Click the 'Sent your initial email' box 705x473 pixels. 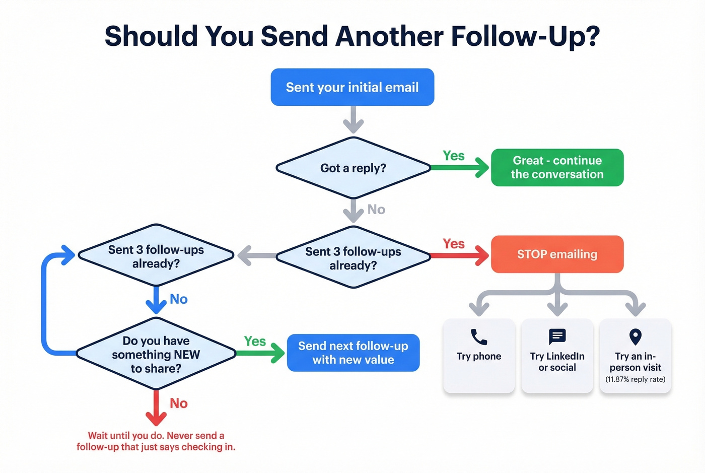(352, 87)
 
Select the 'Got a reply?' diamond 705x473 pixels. (353, 168)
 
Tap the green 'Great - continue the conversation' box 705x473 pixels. (557, 167)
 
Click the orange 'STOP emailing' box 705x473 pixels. (557, 254)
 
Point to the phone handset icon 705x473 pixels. (478, 336)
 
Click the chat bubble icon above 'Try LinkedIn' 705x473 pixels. (557, 336)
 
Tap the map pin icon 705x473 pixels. (636, 336)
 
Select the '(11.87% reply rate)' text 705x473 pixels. (636, 379)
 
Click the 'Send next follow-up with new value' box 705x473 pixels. (353, 353)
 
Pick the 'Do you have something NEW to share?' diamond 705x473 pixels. (156, 354)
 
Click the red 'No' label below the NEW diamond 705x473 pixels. (179, 403)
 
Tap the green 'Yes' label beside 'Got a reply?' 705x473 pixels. (454, 156)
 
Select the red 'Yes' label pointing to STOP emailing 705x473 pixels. (454, 244)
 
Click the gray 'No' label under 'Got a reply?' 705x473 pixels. (376, 210)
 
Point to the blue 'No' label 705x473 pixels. (179, 299)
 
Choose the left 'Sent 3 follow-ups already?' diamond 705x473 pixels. (156, 256)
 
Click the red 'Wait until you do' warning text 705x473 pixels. (156, 441)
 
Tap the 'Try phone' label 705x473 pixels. (479, 356)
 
